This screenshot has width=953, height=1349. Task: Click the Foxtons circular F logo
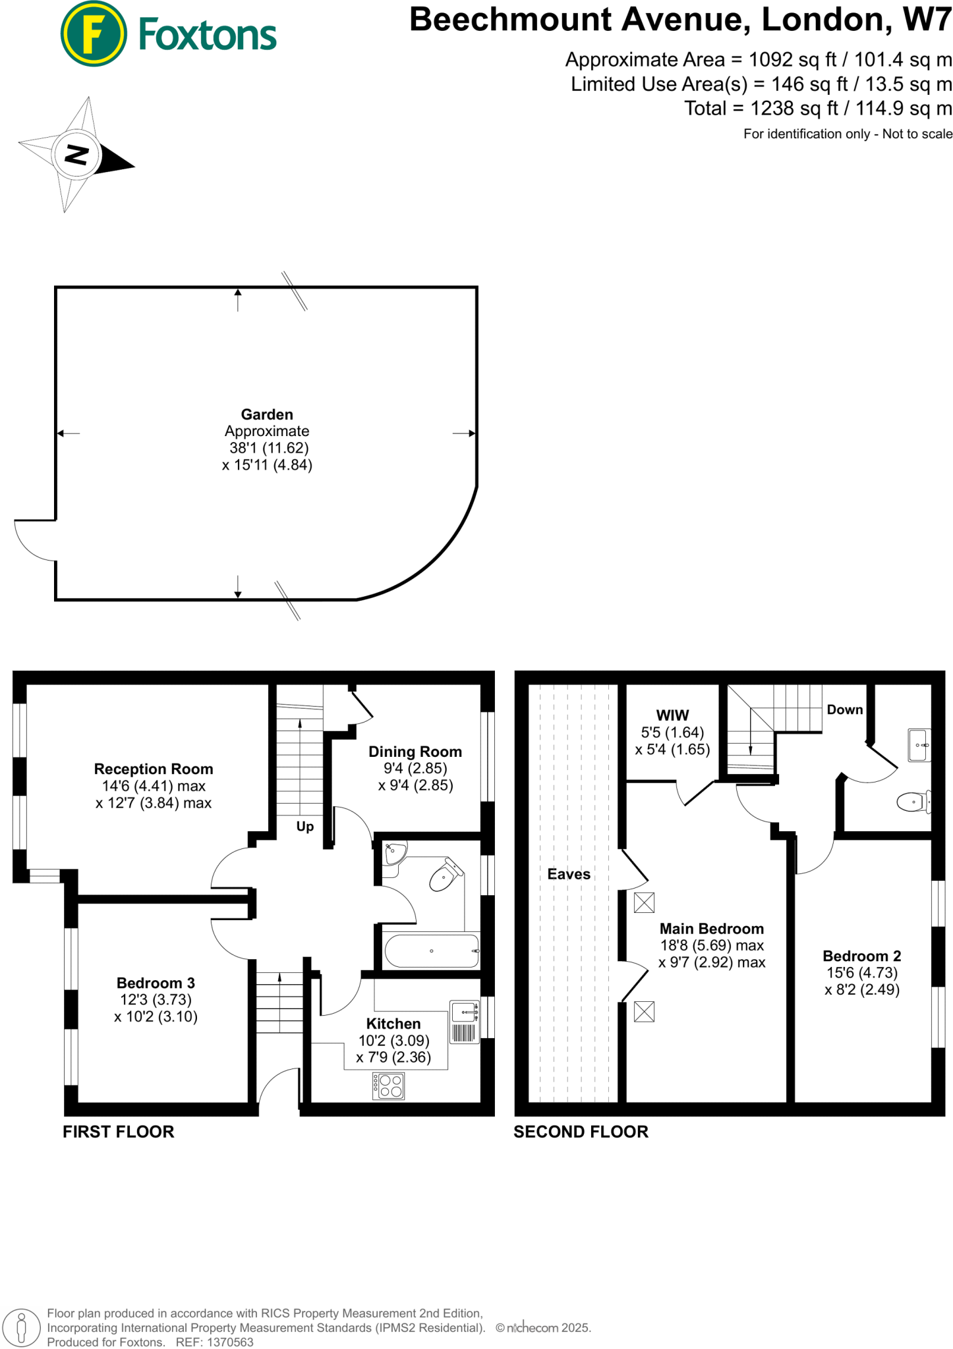93,34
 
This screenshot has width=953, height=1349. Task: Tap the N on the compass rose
76,155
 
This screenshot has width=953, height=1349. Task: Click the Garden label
267,414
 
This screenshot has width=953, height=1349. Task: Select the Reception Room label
154,769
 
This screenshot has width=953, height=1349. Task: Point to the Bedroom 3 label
156,983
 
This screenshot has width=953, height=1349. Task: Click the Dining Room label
415,752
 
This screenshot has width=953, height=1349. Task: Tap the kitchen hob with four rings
388,1086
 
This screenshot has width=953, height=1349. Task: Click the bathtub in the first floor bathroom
432,951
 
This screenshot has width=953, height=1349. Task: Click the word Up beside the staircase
304,827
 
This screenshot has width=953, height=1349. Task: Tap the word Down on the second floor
845,709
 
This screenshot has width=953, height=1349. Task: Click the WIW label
672,715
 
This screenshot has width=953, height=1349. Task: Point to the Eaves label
569,874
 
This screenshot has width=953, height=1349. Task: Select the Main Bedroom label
712,929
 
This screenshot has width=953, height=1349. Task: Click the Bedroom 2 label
862,956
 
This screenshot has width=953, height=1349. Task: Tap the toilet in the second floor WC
913,802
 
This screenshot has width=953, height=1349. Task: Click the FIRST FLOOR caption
119,1132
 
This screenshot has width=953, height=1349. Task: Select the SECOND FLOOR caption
581,1132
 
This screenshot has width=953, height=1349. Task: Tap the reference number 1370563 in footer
230,1342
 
